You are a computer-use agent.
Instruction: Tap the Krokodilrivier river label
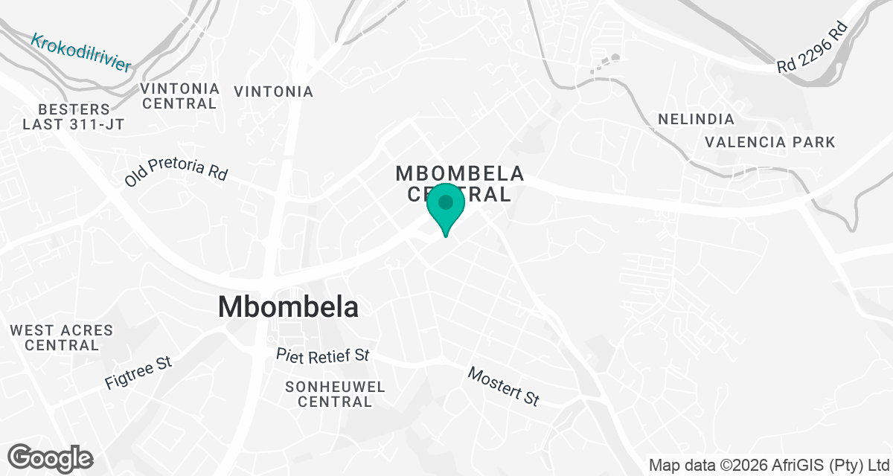click(x=81, y=52)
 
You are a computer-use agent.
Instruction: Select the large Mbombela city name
click(x=288, y=307)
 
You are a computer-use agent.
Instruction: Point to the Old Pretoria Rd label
click(x=176, y=171)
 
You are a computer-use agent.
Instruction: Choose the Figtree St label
click(x=138, y=373)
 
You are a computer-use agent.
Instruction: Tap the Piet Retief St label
click(x=322, y=355)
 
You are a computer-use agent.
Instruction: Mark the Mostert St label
click(x=503, y=386)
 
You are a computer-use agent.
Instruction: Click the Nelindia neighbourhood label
click(x=696, y=119)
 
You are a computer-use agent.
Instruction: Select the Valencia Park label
click(x=770, y=141)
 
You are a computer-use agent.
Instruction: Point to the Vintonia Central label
click(x=180, y=96)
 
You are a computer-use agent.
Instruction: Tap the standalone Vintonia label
click(x=273, y=91)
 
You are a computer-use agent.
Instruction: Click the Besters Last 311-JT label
click(x=73, y=117)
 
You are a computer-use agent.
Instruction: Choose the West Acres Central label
click(x=62, y=338)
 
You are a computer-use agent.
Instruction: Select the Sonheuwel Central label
click(x=335, y=394)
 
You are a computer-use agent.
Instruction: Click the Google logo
click(x=50, y=457)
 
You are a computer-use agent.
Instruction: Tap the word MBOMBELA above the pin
click(x=460, y=173)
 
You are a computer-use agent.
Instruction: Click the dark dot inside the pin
click(x=446, y=202)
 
